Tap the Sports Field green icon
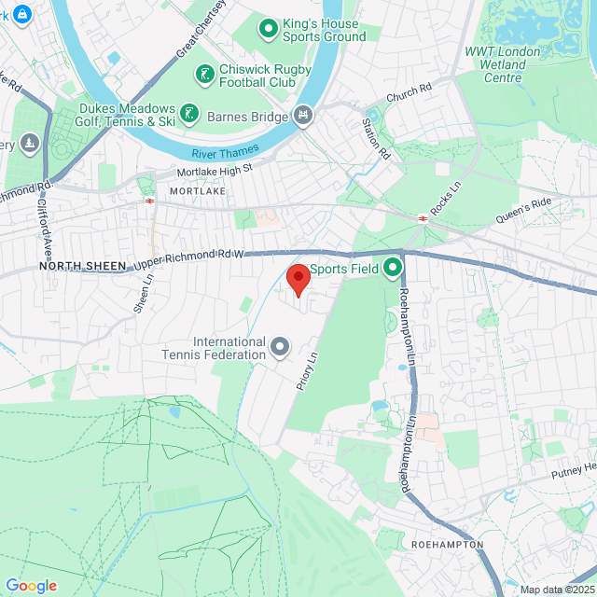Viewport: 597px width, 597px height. (x=393, y=269)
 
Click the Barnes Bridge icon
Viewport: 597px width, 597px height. (x=302, y=117)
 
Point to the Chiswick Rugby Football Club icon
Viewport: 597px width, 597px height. (x=204, y=73)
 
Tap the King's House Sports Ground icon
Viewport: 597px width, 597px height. (x=269, y=29)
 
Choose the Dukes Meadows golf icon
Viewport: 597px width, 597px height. (x=189, y=114)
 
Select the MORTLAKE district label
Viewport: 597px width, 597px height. (x=198, y=190)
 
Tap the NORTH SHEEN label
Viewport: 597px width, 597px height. (x=82, y=267)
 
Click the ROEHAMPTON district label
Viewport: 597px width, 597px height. (x=446, y=544)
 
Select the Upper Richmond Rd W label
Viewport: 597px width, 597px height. (x=188, y=260)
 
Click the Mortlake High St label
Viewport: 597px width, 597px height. (x=216, y=171)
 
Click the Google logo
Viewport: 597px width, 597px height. (x=31, y=585)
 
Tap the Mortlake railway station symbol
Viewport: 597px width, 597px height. (x=148, y=199)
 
